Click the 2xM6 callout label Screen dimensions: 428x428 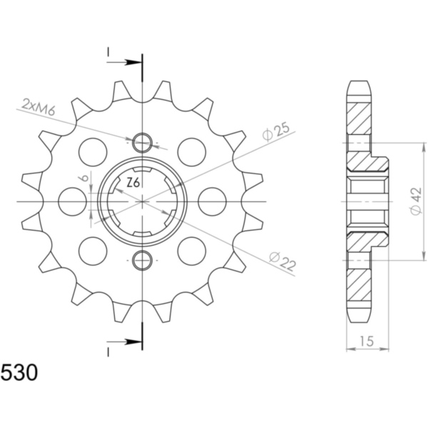[39, 106]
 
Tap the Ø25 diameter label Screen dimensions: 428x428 [275, 132]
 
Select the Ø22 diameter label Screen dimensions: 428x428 [282, 261]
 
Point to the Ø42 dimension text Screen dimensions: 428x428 [416, 201]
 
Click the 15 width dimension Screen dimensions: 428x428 [367, 341]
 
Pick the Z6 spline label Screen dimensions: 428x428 [133, 183]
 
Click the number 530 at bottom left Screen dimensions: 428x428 [19, 373]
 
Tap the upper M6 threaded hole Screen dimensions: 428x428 [142, 142]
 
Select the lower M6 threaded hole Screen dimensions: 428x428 [142, 260]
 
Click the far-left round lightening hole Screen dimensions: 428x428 [73, 201]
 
